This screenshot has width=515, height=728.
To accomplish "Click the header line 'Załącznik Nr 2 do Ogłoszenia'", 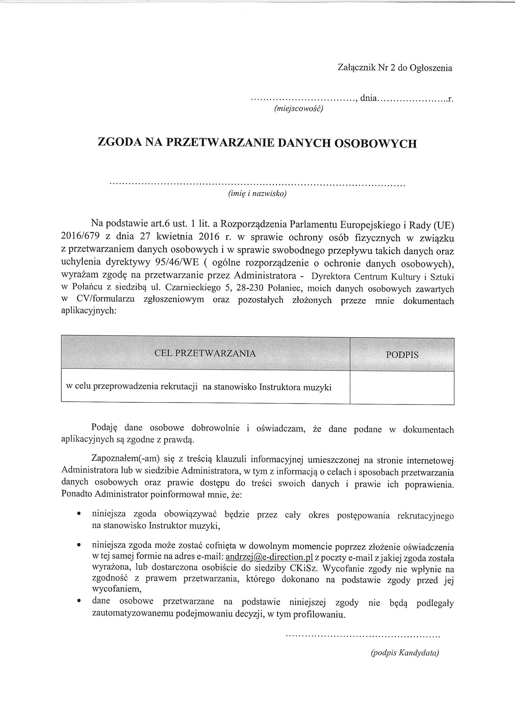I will pyautogui.click(x=395, y=68).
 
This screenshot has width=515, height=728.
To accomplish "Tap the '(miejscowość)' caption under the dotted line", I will pyautogui.click(x=298, y=109).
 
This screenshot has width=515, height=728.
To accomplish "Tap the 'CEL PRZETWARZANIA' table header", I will pyautogui.click(x=205, y=353).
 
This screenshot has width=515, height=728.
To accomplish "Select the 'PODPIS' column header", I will pyautogui.click(x=402, y=354).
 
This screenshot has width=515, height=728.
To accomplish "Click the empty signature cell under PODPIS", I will pyautogui.click(x=402, y=387).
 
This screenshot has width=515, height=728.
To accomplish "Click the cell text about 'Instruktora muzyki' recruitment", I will pyautogui.click(x=199, y=387).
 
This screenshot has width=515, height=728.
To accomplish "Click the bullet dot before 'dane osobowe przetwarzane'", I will pyautogui.click(x=79, y=600).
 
